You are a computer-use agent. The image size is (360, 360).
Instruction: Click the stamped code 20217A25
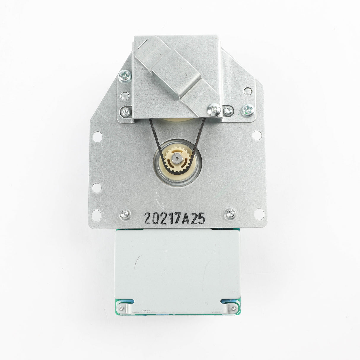click(x=175, y=218)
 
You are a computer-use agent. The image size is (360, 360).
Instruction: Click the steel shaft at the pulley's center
click(x=177, y=158)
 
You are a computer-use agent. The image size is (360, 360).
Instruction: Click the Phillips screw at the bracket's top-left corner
click(x=125, y=76)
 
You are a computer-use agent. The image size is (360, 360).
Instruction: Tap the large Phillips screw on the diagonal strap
click(x=214, y=110)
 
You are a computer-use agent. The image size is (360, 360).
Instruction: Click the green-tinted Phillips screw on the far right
click(x=248, y=110)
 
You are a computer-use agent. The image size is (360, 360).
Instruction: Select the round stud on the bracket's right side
click(x=248, y=91)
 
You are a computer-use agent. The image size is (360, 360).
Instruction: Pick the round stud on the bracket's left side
click(x=125, y=96)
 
